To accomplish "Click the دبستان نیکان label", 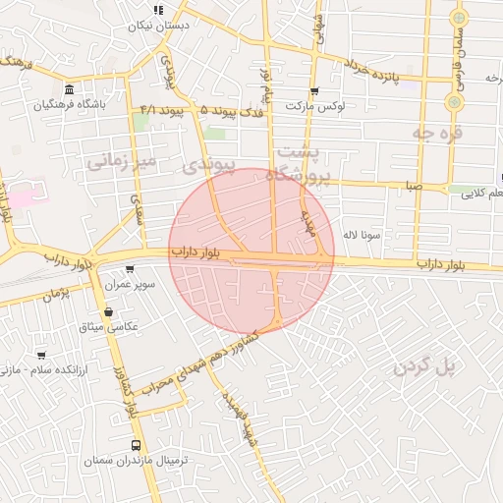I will click(159, 27).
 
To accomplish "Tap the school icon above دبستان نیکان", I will click(158, 11).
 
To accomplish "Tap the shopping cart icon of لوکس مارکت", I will click(314, 90).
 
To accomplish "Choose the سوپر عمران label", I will click(131, 285).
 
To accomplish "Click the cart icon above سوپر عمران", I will click(130, 270).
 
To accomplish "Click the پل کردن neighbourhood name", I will click(426, 366).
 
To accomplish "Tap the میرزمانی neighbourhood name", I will click(122, 160).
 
